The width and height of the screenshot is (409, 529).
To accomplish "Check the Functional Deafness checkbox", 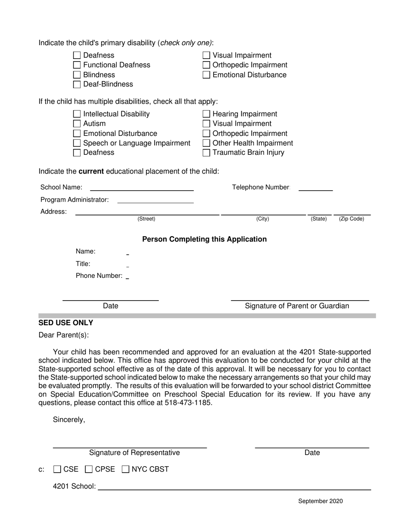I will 77,65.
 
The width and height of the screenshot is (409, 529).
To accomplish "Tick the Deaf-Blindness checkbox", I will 77,84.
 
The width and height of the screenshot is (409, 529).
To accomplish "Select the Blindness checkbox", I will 77,75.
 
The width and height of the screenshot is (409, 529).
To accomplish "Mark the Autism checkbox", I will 77,124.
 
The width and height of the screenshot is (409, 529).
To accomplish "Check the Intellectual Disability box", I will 77,114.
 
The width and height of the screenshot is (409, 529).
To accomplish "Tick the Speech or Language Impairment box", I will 77,143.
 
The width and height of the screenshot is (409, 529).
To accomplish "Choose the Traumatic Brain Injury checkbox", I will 206,153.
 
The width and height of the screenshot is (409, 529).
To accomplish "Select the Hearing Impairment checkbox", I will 206,114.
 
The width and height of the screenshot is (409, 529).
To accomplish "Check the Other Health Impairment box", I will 206,143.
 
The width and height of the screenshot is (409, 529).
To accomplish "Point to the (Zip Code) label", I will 351,219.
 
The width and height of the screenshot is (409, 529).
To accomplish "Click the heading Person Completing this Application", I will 204,239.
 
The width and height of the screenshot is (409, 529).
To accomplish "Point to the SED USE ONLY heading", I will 66,323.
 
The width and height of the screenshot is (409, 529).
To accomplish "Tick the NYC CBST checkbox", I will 126,470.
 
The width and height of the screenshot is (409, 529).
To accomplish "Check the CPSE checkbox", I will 89,470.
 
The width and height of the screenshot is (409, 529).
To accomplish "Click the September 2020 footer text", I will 320,501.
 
